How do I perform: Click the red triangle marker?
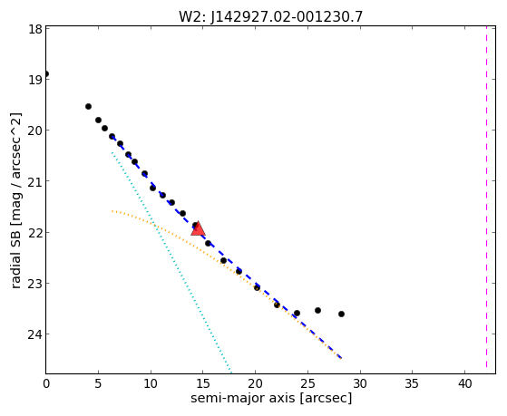coord(198,228)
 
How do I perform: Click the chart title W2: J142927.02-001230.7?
coord(270,16)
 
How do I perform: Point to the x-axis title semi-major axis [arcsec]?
coord(271,397)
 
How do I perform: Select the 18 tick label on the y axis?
coord(36,29)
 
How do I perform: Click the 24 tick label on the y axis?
coord(35,334)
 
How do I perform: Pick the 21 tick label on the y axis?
coord(35,181)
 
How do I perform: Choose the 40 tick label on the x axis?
coord(464,383)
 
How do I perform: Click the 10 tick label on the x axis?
coord(151,383)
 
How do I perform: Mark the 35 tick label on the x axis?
coord(413,383)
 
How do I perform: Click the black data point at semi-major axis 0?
coord(46,74)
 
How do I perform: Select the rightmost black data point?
coord(341,314)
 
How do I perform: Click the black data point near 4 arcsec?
coord(88,106)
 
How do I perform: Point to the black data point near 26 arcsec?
coord(317,310)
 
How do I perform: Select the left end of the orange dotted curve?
coord(112,211)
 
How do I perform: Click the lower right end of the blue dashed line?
coord(341,358)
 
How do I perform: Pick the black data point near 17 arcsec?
coord(223,260)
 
